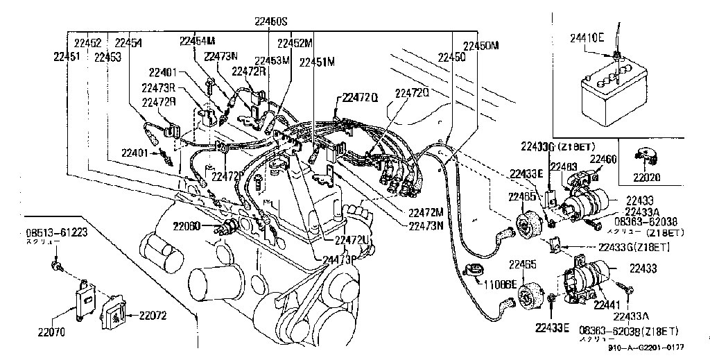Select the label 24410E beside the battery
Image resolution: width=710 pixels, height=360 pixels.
click(x=587, y=37)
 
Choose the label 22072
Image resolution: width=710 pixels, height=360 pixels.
click(x=153, y=316)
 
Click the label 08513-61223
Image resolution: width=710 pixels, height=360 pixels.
click(x=57, y=232)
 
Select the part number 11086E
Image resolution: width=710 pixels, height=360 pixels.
click(x=501, y=284)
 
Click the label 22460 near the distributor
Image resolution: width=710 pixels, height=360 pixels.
click(x=602, y=159)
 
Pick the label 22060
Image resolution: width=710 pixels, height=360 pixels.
click(x=187, y=225)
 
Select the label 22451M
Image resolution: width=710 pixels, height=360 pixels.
click(x=317, y=62)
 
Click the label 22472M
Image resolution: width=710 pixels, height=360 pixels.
click(x=426, y=212)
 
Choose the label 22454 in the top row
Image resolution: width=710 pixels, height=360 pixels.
click(x=128, y=43)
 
